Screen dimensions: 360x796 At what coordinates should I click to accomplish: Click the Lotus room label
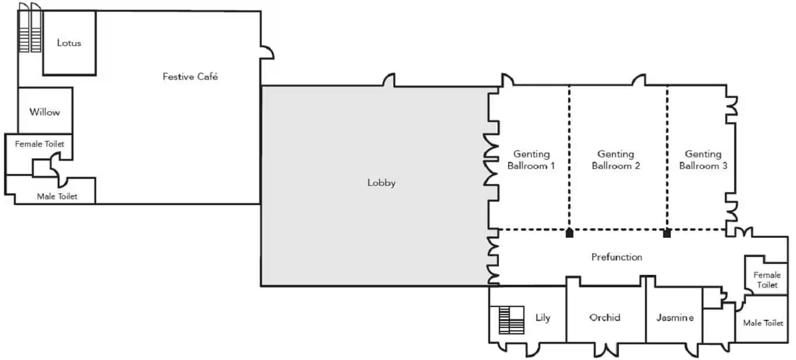click(x=69, y=43)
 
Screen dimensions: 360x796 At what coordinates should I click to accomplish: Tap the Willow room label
click(x=45, y=112)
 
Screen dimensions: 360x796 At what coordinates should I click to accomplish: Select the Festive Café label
click(x=190, y=76)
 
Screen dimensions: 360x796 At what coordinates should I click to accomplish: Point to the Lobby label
click(x=381, y=183)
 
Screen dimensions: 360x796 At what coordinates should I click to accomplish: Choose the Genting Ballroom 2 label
click(x=615, y=160)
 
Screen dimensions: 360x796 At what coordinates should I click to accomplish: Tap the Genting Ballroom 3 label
click(x=703, y=160)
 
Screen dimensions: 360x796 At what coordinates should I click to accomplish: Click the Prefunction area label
click(x=617, y=257)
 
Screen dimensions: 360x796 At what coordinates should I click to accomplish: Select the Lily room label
click(x=543, y=317)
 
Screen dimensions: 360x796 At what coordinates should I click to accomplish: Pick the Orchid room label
click(x=605, y=317)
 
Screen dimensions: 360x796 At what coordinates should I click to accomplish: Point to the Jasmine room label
click(x=675, y=317)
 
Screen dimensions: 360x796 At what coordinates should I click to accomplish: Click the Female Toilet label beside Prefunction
click(x=766, y=280)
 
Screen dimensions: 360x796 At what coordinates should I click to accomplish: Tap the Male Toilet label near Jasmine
click(x=763, y=323)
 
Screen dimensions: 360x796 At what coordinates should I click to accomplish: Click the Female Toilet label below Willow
click(x=40, y=144)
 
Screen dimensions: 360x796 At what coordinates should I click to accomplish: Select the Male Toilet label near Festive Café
click(x=57, y=196)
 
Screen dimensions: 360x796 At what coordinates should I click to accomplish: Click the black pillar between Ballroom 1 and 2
click(x=569, y=233)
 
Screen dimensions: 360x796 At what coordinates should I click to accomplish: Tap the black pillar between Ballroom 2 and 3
click(x=667, y=233)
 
